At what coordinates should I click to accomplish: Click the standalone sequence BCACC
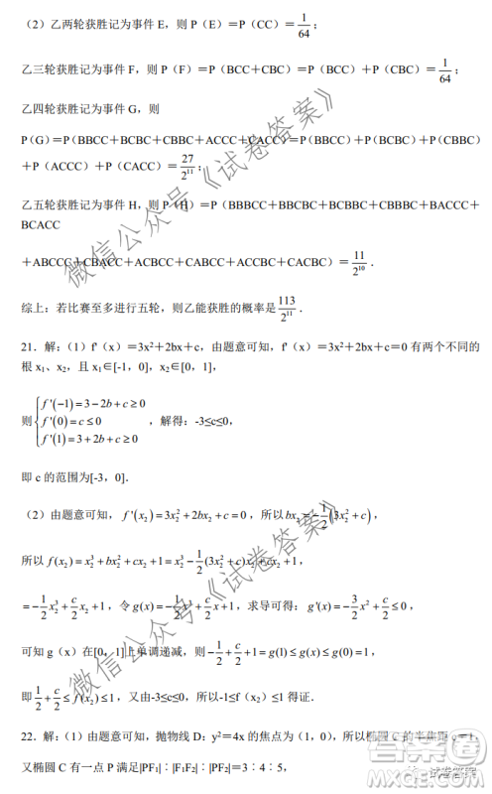41,226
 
